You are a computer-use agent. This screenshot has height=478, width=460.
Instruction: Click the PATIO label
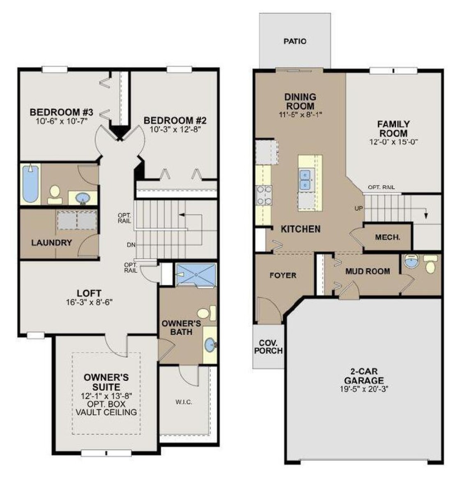295,41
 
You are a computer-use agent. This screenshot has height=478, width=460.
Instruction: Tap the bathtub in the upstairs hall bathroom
31,184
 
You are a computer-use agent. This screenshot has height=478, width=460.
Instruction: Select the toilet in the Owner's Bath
207,313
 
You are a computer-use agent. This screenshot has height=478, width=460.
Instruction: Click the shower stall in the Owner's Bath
196,275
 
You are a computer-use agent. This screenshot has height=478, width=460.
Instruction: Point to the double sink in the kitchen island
305,180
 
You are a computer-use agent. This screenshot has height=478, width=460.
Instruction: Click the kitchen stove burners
264,195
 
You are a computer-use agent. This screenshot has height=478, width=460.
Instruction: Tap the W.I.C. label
184,402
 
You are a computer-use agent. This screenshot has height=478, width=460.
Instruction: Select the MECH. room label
388,237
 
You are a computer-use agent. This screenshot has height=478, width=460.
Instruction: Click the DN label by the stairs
131,245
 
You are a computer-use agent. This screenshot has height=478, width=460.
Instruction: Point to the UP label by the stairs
359,209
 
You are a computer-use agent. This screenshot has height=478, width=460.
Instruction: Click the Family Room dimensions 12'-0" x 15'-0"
393,142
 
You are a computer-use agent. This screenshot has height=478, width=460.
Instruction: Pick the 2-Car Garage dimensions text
364,389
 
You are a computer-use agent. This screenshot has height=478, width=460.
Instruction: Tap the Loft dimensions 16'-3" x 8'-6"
89,302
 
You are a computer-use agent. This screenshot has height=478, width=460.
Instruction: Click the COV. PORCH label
268,347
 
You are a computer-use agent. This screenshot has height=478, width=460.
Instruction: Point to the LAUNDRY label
52,243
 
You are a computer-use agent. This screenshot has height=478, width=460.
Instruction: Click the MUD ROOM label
368,271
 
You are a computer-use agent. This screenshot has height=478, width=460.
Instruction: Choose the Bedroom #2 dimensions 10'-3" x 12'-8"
175,129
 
